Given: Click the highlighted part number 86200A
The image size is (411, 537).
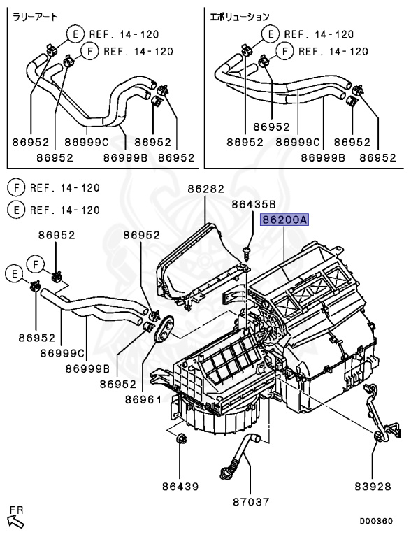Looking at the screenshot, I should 284,220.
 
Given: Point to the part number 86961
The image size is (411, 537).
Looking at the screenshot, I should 143,399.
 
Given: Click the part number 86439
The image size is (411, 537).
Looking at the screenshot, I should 180,485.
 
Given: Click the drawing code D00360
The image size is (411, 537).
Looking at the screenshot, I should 376,521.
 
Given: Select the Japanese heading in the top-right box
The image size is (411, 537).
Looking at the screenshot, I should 240,15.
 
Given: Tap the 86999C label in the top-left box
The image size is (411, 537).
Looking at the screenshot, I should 86,142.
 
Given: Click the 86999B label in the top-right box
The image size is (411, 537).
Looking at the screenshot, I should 324,158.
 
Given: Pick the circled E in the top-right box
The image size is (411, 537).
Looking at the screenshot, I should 268,34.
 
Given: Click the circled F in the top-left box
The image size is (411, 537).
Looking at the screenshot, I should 89,51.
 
